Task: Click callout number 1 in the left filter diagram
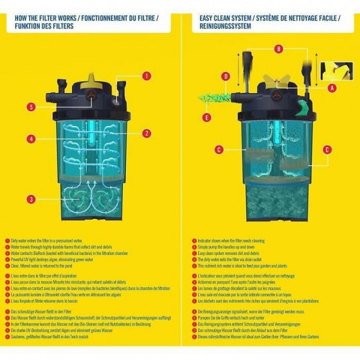(x=147, y=76)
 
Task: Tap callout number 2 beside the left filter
(x=147, y=133)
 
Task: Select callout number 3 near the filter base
(x=30, y=199)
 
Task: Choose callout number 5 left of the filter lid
(x=30, y=107)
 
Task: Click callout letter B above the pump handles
(x=279, y=48)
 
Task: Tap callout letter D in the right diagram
(x=226, y=76)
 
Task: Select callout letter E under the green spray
(x=207, y=116)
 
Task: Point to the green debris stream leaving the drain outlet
(x=214, y=98)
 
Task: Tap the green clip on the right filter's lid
(x=303, y=109)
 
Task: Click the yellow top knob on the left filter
(x=94, y=73)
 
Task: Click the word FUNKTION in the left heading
(x=27, y=27)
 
